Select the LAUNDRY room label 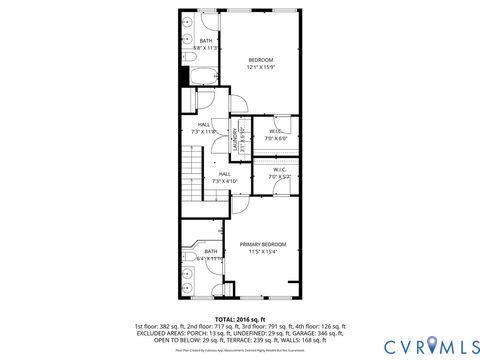tap(235, 135)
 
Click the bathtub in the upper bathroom tap(199, 75)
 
